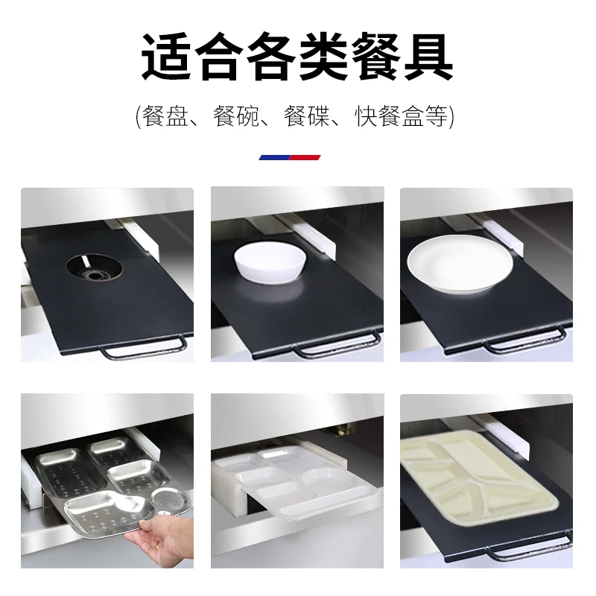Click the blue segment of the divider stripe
[x=273, y=157]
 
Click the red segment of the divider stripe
[x=305, y=157]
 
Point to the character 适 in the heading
[x=168, y=57]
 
